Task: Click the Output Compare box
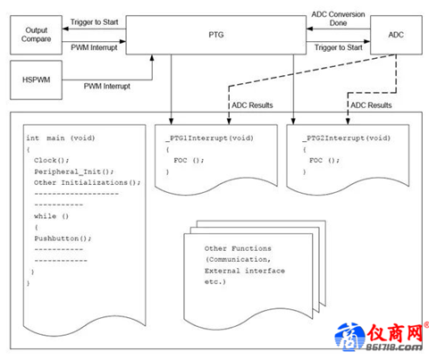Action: [x=36, y=35]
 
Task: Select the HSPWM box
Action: [x=36, y=80]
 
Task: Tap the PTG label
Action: [x=216, y=35]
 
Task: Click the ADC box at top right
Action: [x=396, y=35]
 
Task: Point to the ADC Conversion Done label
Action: [x=338, y=19]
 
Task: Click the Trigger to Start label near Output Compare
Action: [x=94, y=22]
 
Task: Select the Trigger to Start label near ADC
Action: [x=339, y=47]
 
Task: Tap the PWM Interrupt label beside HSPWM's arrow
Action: [x=107, y=87]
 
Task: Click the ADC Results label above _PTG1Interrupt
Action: [x=252, y=105]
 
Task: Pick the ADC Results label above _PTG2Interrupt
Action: [x=371, y=105]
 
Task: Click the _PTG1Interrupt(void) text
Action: [x=210, y=138]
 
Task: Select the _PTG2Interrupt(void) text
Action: [x=347, y=138]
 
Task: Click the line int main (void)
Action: [x=61, y=138]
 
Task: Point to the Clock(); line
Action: [x=51, y=161]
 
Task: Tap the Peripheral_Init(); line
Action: [x=74, y=172]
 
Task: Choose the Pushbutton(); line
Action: [x=63, y=239]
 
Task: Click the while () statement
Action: [x=51, y=216]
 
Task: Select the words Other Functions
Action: [x=238, y=248]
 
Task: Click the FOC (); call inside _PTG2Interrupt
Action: [x=324, y=161]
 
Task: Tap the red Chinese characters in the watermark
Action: [x=395, y=333]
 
